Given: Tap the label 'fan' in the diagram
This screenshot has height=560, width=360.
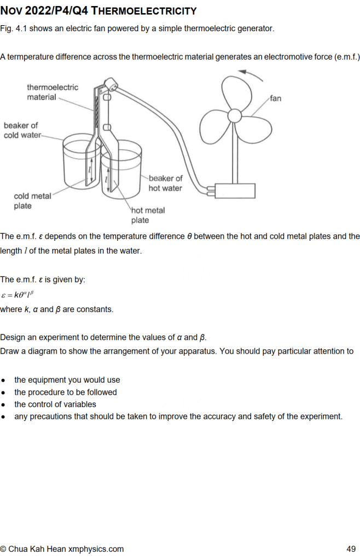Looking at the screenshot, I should pyautogui.click(x=275, y=99).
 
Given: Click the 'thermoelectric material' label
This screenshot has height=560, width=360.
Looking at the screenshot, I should pyautogui.click(x=52, y=92).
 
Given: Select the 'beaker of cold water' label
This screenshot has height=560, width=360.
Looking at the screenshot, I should pyautogui.click(x=21, y=130).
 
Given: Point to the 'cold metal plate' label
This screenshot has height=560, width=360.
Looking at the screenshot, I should pyautogui.click(x=32, y=201).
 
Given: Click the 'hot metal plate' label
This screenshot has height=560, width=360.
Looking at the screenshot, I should pyautogui.click(x=148, y=215).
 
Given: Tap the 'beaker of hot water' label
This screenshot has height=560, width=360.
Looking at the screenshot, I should pyautogui.click(x=165, y=183).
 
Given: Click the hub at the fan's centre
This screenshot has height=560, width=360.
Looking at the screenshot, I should pyautogui.click(x=235, y=116).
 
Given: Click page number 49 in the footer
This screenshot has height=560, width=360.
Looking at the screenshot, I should pyautogui.click(x=351, y=549).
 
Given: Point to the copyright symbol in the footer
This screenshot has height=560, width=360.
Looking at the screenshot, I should pyautogui.click(x=4, y=549).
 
